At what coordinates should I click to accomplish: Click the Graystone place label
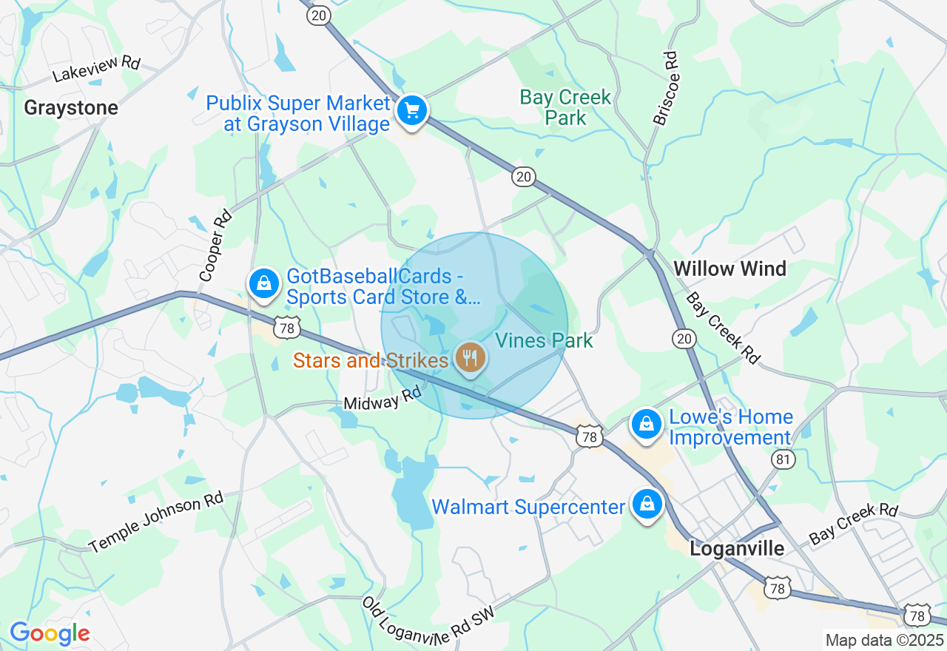(x=71, y=108)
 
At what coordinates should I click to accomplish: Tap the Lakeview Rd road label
(x=96, y=70)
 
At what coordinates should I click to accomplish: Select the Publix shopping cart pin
(x=411, y=111)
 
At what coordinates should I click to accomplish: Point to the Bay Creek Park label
(x=565, y=107)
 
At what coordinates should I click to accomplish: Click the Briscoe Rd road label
(x=665, y=88)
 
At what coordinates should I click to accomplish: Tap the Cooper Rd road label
(x=215, y=246)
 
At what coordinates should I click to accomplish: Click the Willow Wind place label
(x=729, y=269)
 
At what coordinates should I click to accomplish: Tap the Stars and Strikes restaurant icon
(x=470, y=359)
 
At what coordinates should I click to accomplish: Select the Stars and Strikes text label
(x=371, y=360)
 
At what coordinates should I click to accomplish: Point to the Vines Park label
(x=545, y=340)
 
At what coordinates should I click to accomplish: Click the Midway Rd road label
(x=382, y=399)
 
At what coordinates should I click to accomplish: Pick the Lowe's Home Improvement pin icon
(x=647, y=425)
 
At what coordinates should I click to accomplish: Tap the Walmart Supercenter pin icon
(x=647, y=505)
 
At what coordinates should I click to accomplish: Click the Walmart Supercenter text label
(x=528, y=507)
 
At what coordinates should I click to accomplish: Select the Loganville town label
(x=737, y=549)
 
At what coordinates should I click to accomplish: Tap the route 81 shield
(x=783, y=460)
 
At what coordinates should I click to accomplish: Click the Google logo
(x=50, y=633)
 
